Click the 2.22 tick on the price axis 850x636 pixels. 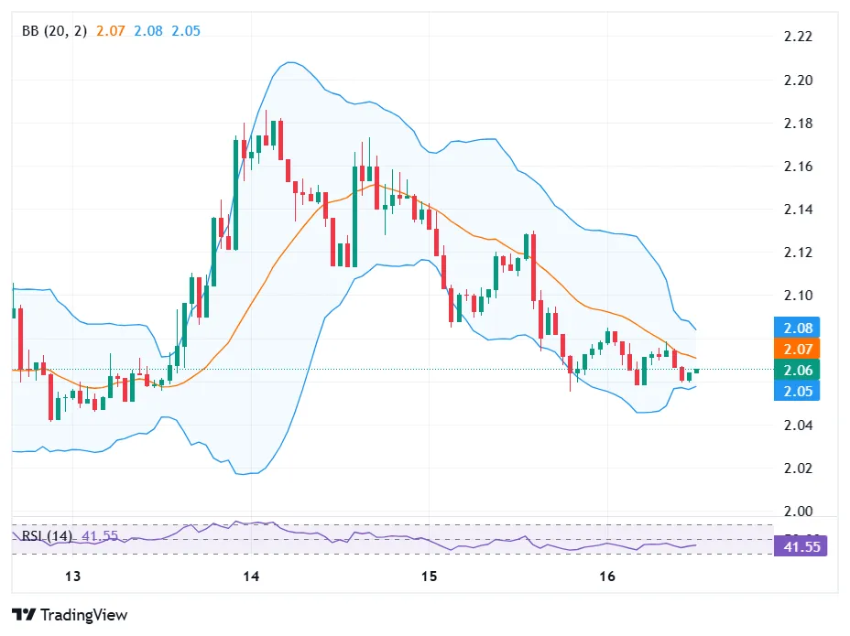click(x=799, y=37)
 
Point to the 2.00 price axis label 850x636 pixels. click(x=799, y=512)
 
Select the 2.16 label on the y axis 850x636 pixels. click(x=799, y=167)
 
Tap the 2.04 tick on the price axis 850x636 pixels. click(x=799, y=426)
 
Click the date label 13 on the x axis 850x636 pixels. click(x=73, y=577)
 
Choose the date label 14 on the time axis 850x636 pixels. click(x=251, y=577)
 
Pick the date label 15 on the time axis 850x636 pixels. click(x=429, y=577)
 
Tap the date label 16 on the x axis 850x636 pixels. click(x=606, y=577)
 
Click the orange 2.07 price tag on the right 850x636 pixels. click(x=797, y=349)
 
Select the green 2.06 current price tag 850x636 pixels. click(x=797, y=370)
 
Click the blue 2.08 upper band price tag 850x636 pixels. click(x=797, y=328)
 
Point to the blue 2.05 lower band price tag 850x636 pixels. click(x=797, y=391)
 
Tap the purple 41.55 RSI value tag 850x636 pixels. click(x=803, y=547)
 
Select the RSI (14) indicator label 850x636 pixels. click(x=49, y=534)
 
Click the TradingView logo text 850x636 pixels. click(x=82, y=615)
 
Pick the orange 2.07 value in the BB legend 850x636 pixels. click(x=111, y=30)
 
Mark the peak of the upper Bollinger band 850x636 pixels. click(x=289, y=62)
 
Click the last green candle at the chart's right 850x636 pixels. click(x=697, y=371)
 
